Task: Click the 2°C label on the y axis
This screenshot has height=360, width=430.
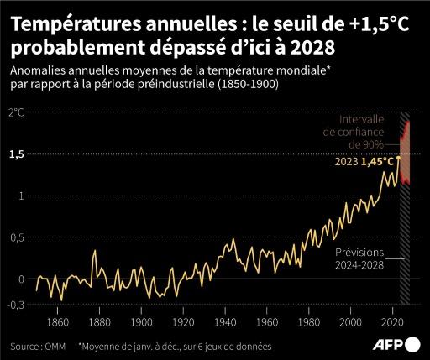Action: coord(16,112)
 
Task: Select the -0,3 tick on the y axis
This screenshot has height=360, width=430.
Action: coord(15,306)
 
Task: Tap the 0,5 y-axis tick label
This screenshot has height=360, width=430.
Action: coord(16,237)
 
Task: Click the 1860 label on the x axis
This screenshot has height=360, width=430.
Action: coord(57,322)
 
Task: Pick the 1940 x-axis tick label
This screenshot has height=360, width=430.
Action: coord(225,322)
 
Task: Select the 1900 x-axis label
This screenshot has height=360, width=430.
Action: coord(141,322)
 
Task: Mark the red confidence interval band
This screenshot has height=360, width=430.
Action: coord(405,151)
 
